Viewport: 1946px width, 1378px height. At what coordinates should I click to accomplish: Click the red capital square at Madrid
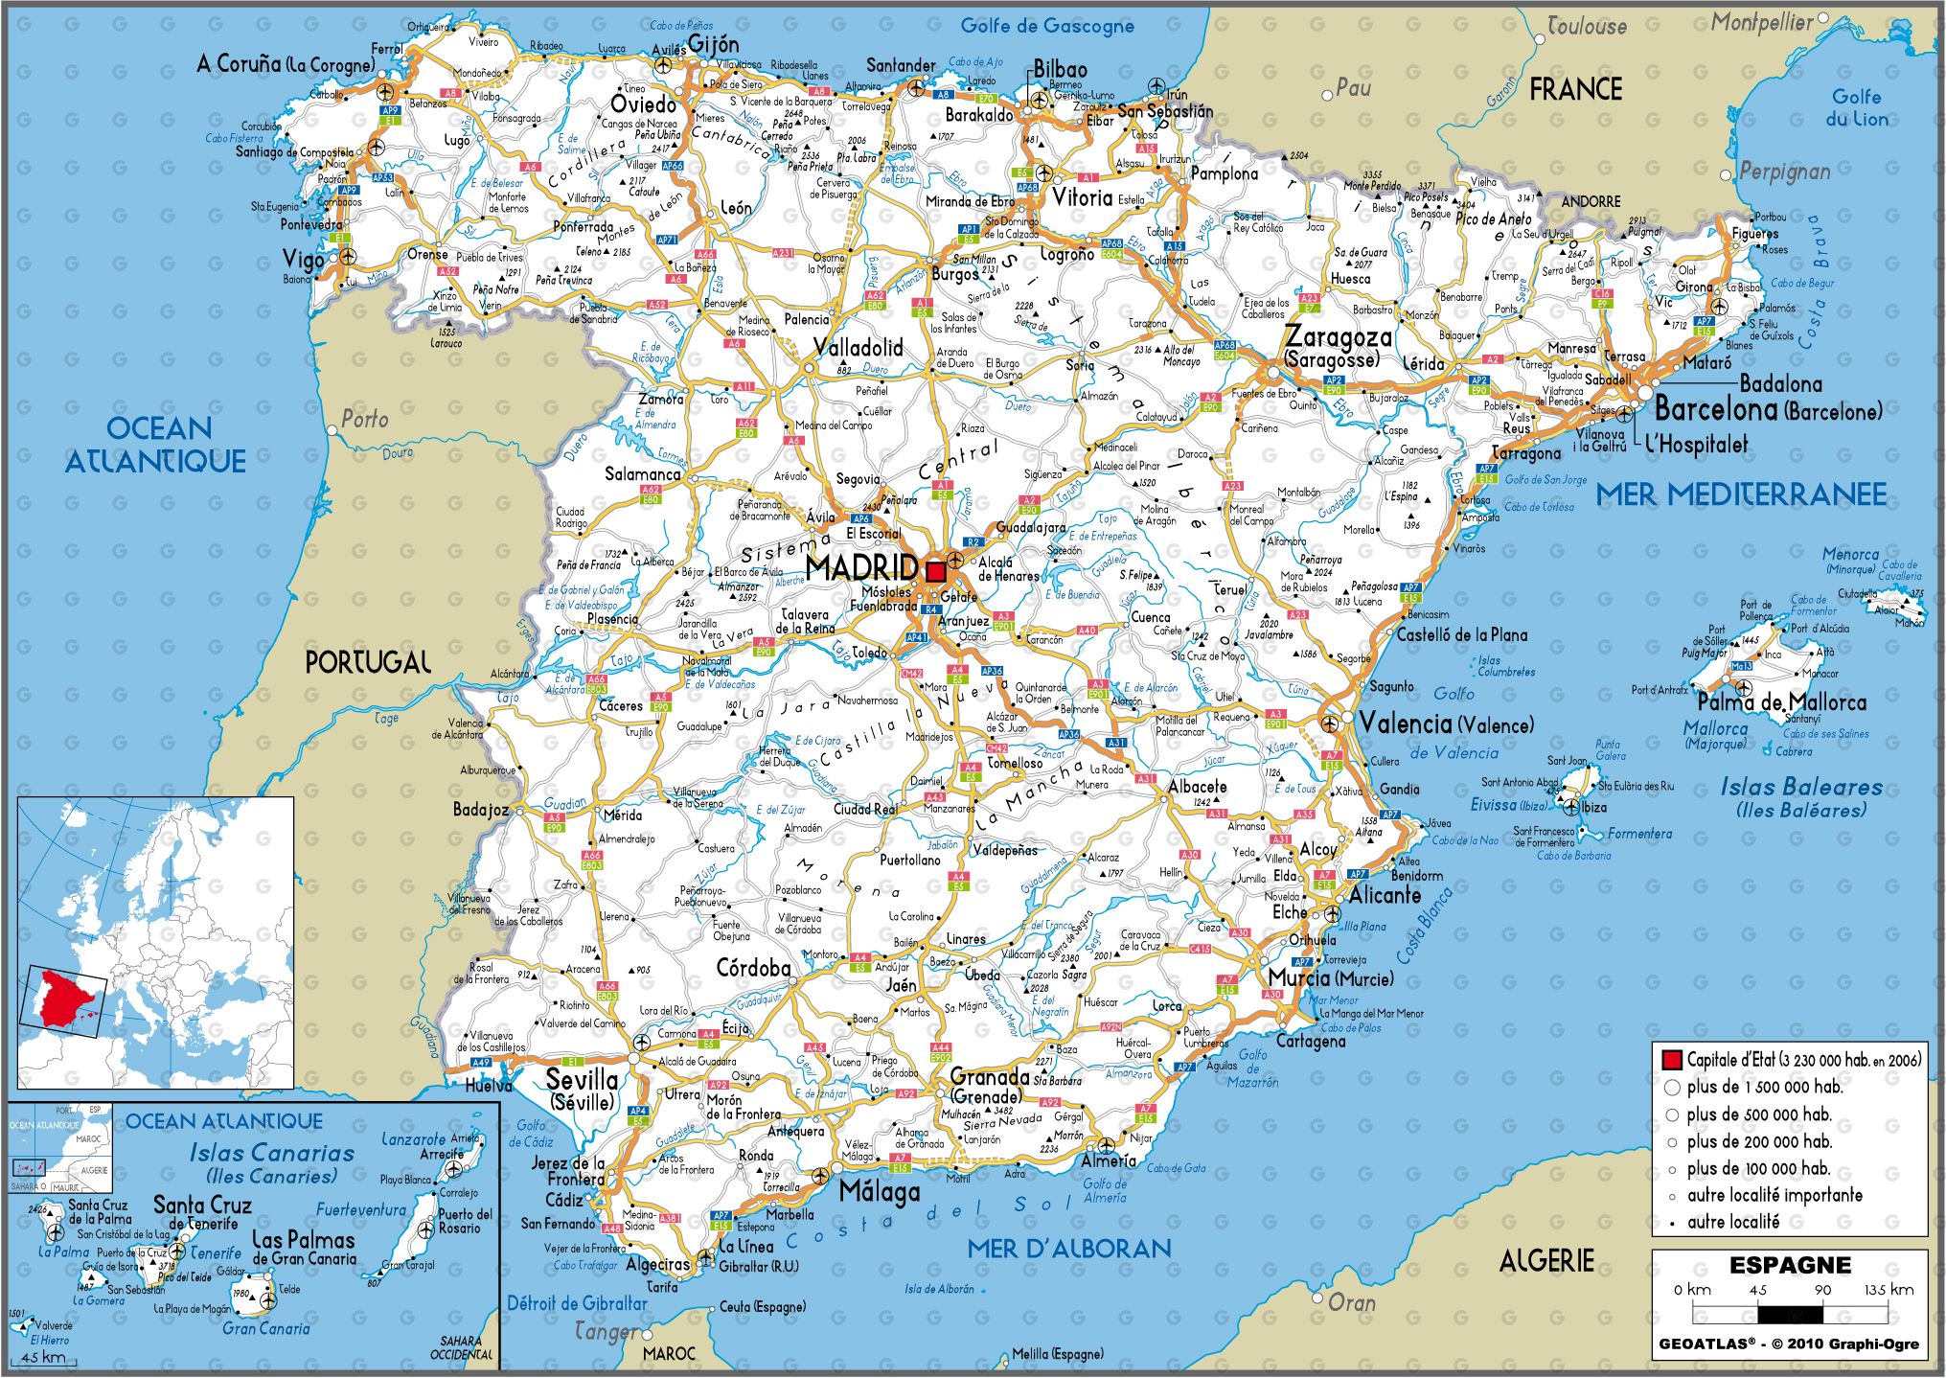point(936,572)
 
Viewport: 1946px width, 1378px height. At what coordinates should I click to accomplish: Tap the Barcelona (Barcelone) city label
point(1767,411)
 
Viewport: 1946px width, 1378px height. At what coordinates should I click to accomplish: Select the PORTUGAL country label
point(368,662)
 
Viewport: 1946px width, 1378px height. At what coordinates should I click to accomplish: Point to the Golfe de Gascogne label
point(1046,26)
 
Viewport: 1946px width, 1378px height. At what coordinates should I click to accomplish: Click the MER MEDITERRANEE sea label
point(1741,494)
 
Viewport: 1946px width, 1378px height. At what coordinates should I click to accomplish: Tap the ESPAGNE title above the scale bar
point(1790,1265)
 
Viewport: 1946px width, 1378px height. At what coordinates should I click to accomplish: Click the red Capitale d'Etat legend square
point(1672,1060)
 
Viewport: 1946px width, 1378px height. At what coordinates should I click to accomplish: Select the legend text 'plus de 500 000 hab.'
point(1758,1114)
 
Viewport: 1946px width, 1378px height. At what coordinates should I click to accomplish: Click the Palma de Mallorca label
point(1781,702)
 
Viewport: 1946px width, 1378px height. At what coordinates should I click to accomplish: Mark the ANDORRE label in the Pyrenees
point(1591,201)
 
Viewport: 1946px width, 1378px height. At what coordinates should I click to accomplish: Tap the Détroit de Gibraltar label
point(577,1303)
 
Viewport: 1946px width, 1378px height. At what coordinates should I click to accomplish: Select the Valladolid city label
point(858,347)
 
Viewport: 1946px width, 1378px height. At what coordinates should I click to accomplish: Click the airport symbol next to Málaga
point(820,1176)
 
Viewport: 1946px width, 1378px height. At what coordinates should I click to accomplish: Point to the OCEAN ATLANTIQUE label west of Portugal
point(156,445)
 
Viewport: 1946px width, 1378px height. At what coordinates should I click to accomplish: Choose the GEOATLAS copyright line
point(1789,1344)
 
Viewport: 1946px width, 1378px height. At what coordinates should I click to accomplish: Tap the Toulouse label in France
point(1587,27)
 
